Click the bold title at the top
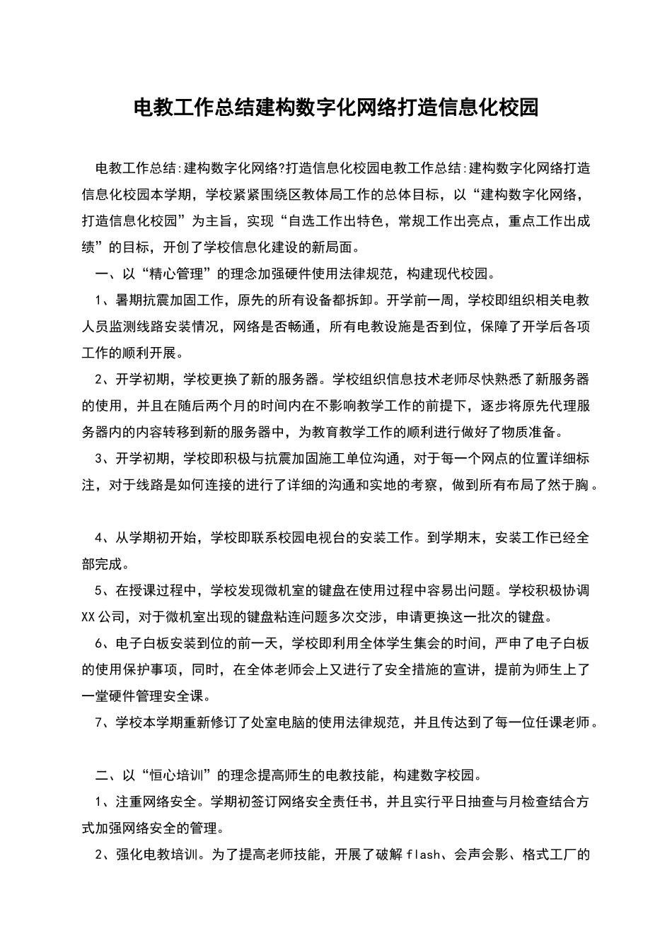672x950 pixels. [336, 107]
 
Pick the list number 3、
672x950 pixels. [104, 459]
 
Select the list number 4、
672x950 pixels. [104, 538]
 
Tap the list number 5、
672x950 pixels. [104, 590]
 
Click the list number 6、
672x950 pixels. [104, 643]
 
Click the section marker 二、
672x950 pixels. [107, 775]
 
